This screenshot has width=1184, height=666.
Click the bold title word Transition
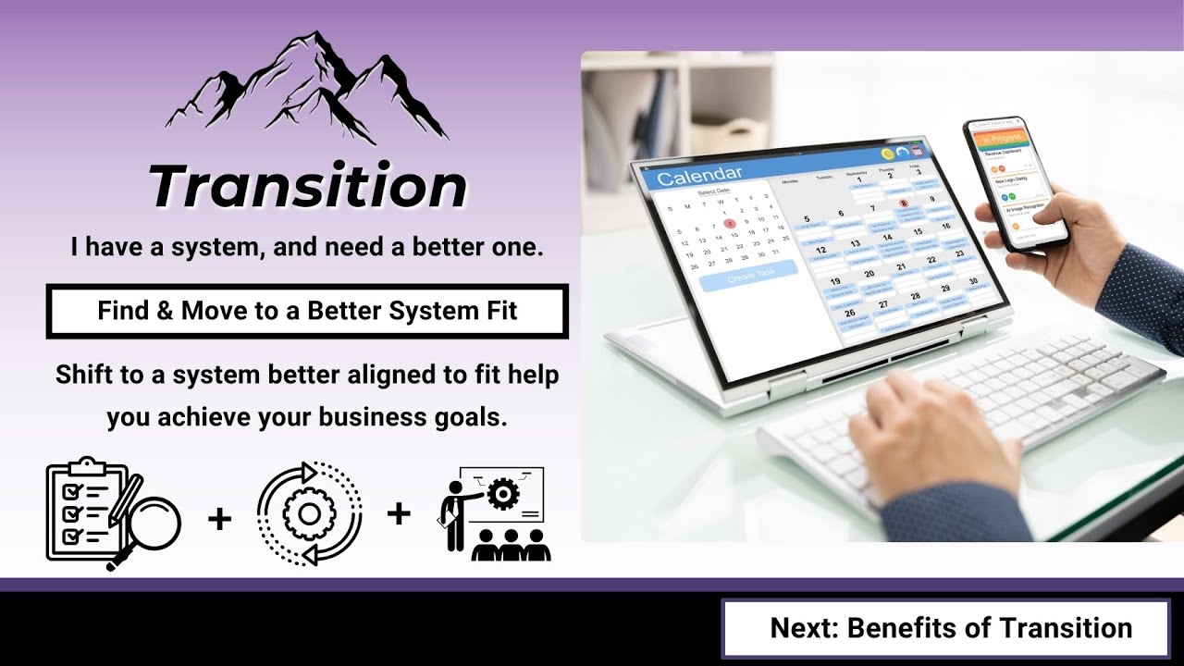coord(308,187)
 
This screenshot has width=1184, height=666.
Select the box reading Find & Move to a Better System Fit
coord(307,311)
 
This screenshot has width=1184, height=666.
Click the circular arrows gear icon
coord(309,513)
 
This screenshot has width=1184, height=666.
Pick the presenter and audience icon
coord(494,514)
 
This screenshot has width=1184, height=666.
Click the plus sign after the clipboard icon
coord(219,518)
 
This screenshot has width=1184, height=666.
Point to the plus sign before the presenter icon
coord(399,513)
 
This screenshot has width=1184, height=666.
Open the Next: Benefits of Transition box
coord(951,628)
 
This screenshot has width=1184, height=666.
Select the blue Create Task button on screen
coord(749,275)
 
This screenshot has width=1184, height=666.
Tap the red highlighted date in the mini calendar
coord(730,223)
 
